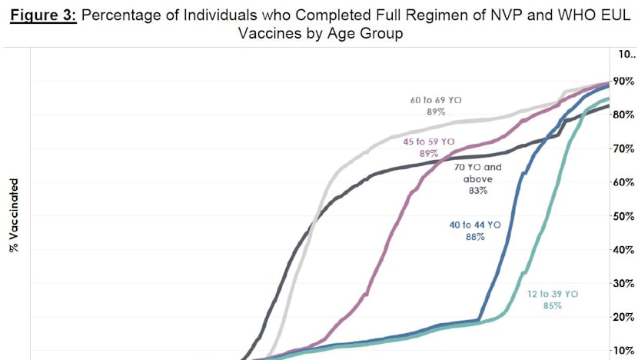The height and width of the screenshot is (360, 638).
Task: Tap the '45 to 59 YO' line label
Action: click(x=429, y=142)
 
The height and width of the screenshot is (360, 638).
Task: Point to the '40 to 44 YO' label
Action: click(x=475, y=225)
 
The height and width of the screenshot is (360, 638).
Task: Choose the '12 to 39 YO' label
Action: click(x=552, y=294)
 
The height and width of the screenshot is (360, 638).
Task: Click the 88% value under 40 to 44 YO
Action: click(x=474, y=237)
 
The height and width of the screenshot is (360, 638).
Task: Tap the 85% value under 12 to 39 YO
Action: click(x=552, y=306)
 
